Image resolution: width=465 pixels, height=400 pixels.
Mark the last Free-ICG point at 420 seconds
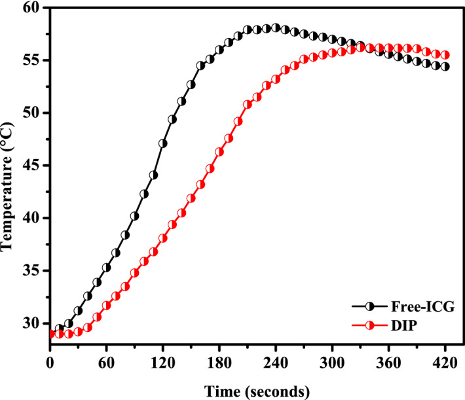click(445, 66)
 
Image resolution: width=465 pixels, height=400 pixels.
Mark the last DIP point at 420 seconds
click(445, 56)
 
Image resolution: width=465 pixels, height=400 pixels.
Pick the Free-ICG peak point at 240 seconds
click(276, 28)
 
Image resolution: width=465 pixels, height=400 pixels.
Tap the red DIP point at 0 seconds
click(50, 334)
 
